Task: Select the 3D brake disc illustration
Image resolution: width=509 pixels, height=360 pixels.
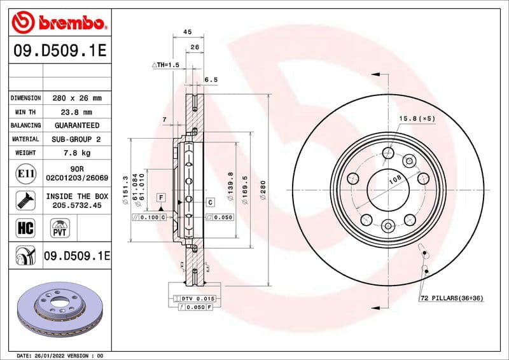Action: point(59,310)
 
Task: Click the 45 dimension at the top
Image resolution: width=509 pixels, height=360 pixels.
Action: point(188,31)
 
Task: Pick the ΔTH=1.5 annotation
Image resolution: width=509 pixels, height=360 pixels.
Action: point(165,66)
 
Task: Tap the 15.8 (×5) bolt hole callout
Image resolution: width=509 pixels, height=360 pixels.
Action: point(417,119)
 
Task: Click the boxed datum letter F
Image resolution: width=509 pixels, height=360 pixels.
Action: point(162,198)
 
